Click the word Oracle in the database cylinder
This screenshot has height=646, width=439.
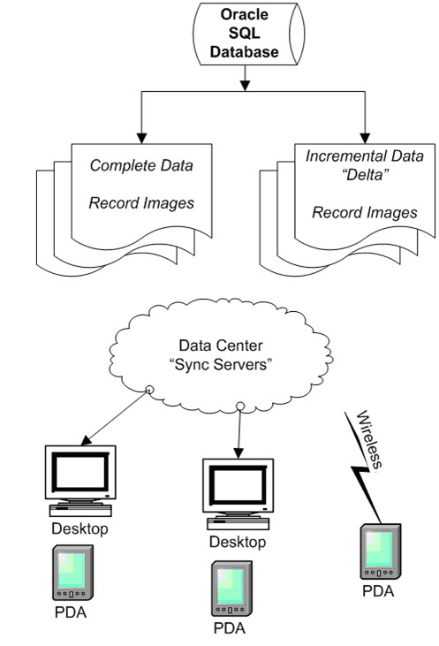[x=244, y=14]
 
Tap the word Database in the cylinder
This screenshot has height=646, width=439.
[x=244, y=52]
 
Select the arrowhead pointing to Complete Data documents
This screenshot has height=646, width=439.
[x=141, y=139]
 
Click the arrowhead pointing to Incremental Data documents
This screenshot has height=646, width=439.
[x=366, y=139]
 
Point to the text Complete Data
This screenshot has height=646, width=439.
[x=141, y=165]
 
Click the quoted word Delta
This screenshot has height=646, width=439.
[x=366, y=175]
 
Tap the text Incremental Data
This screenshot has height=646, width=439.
[x=365, y=156]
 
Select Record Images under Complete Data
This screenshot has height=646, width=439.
[x=141, y=203]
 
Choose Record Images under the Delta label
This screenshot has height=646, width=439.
[x=365, y=213]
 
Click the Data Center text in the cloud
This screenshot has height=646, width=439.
[x=221, y=346]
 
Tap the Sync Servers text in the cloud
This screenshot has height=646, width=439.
[x=221, y=365]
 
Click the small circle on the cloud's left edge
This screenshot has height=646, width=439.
[x=150, y=390]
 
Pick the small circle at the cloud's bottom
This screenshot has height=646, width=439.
[x=240, y=407]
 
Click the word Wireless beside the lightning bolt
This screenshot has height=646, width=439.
[x=369, y=439]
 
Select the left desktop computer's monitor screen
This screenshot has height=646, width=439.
[x=80, y=472]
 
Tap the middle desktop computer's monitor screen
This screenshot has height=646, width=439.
[x=238, y=485]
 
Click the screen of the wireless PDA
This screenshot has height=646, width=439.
[x=379, y=549]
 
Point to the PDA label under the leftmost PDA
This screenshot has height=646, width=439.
[x=71, y=612]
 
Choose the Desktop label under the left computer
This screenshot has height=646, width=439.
[x=79, y=528]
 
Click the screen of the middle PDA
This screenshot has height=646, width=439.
[x=231, y=585]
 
